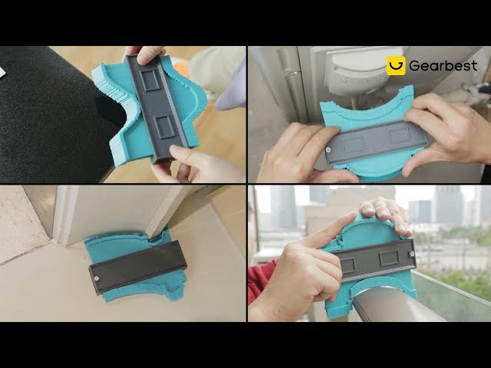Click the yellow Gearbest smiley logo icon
(x=396, y=66)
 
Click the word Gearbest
(x=443, y=66)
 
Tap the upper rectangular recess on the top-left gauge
(x=150, y=80)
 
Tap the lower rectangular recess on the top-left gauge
(x=164, y=127)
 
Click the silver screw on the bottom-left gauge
(x=97, y=278)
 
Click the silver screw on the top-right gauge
(x=328, y=150)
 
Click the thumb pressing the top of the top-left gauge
(x=150, y=55)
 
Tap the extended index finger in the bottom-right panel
(x=325, y=231)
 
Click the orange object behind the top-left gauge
(x=182, y=68)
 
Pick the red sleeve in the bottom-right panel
(x=261, y=281)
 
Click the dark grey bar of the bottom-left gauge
(x=138, y=268)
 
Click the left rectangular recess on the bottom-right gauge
(x=347, y=266)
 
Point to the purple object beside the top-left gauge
(x=231, y=87)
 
